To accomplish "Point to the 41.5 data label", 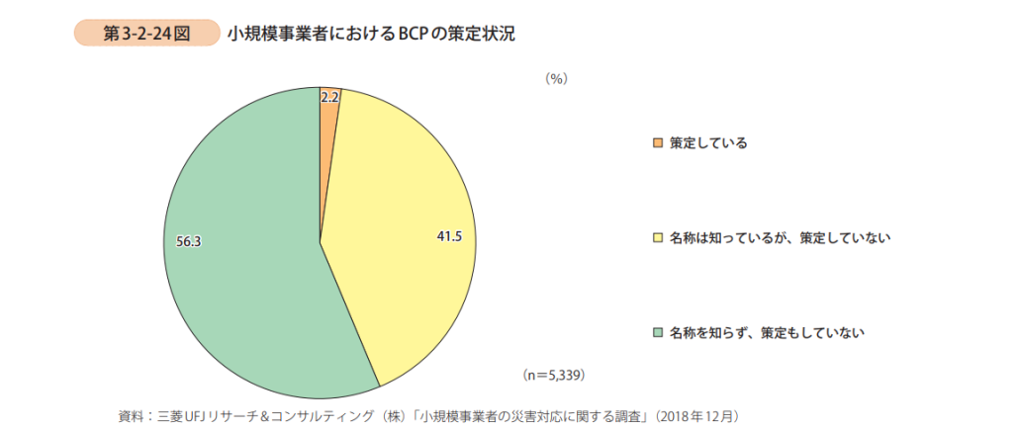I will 450,235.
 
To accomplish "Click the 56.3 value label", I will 188,240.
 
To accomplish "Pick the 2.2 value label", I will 330,97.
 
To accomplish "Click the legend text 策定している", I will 707,143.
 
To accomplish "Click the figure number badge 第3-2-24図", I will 146,34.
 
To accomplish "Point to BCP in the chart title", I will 410,34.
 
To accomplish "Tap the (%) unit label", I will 556,79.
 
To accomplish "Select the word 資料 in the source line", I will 130,414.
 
